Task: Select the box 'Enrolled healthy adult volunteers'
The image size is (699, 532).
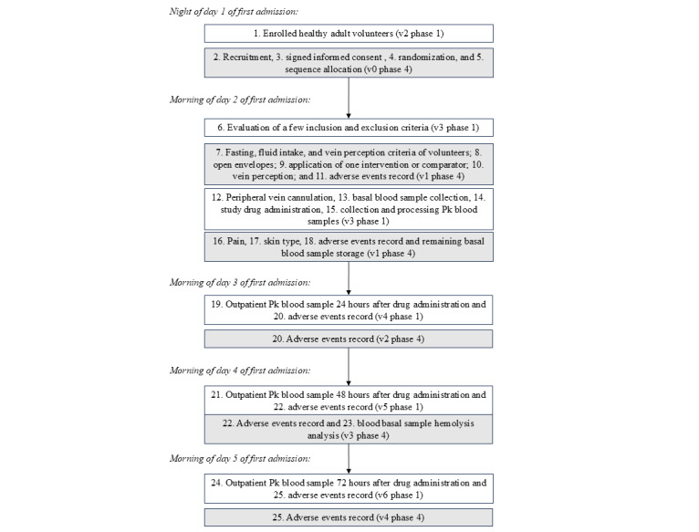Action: coord(349,33)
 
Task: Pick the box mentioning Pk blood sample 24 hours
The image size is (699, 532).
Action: coord(349,310)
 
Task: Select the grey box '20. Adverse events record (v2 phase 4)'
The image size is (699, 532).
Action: coord(349,339)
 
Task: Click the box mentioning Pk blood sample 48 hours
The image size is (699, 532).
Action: coord(349,399)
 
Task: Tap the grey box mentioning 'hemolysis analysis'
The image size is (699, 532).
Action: coord(349,431)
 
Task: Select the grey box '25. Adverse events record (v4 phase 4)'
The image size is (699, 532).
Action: coord(349,516)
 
